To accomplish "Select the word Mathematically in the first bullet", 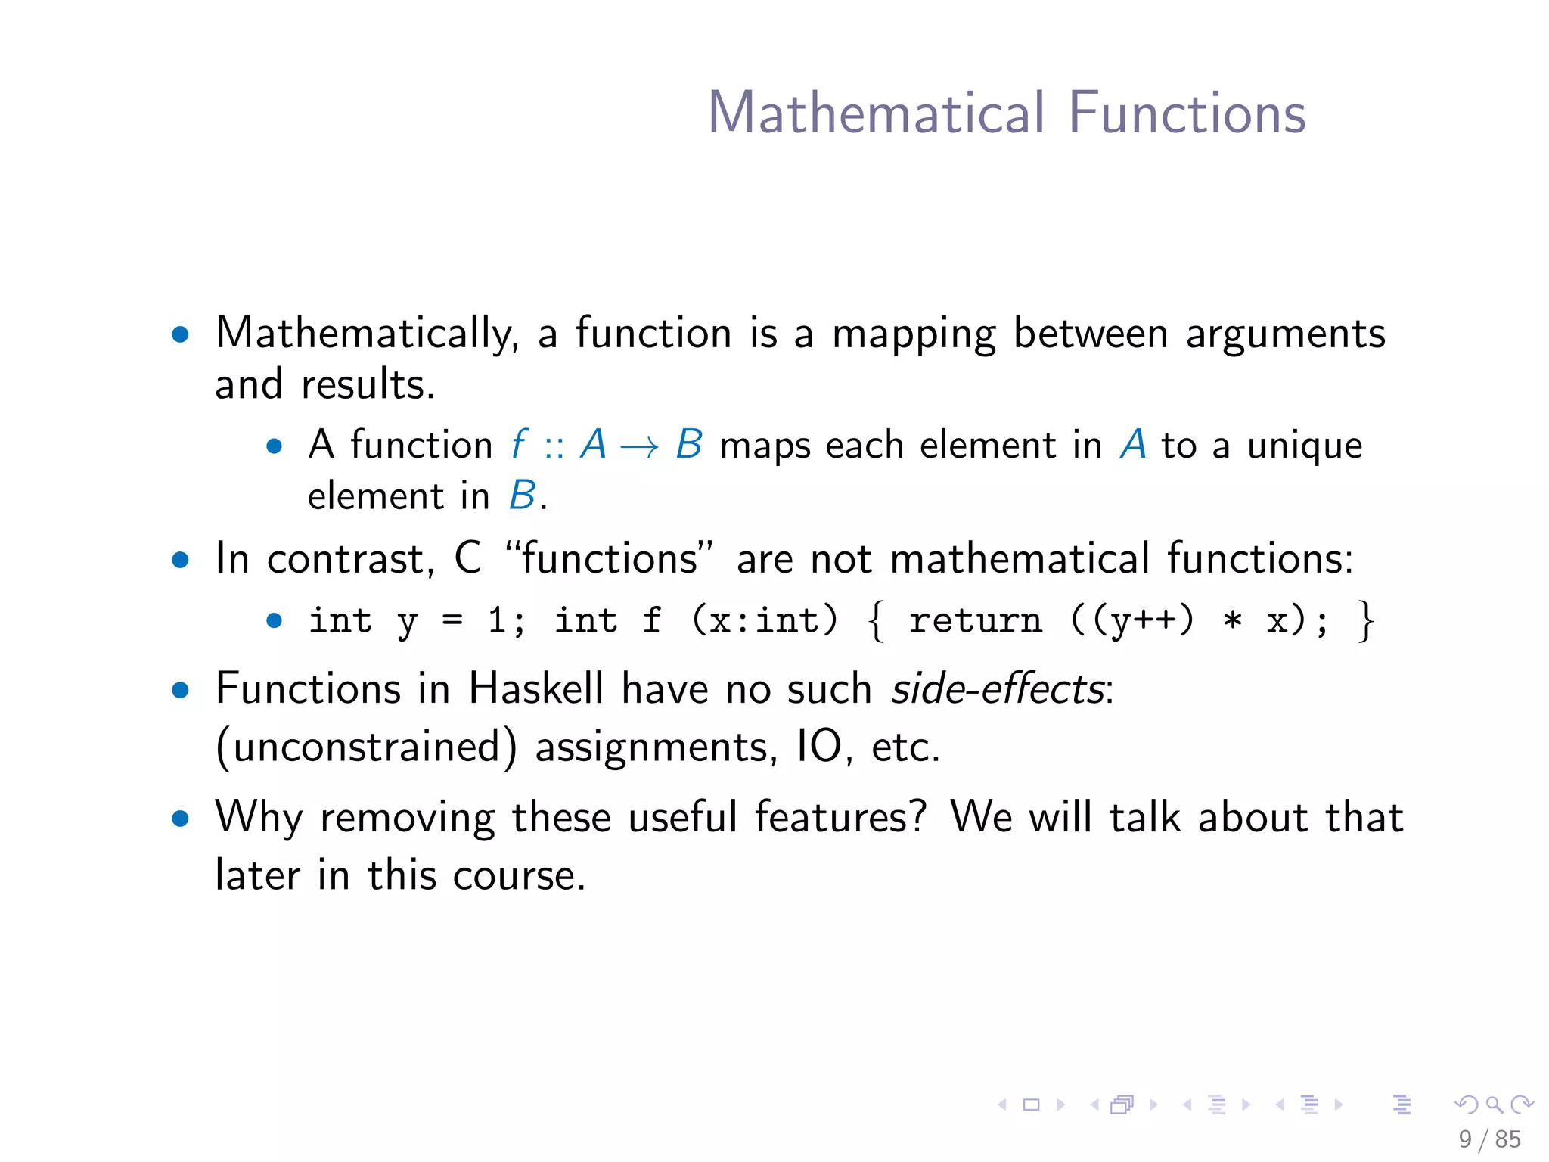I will click(367, 334).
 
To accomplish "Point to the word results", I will click(368, 385).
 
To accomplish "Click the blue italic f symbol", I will click(519, 444).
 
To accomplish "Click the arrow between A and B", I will click(639, 446).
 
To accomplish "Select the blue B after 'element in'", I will click(522, 496).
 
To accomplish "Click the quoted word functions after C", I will click(610, 559).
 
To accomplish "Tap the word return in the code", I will click(975, 621).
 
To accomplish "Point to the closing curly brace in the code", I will click(1365, 621).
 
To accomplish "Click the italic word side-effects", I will click(998, 689).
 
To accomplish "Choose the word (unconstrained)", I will click(367, 747).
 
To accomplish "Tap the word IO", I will click(819, 747).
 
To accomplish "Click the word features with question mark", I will click(840, 818).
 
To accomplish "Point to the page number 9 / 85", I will click(1489, 1139).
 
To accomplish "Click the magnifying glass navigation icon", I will click(1494, 1105).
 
